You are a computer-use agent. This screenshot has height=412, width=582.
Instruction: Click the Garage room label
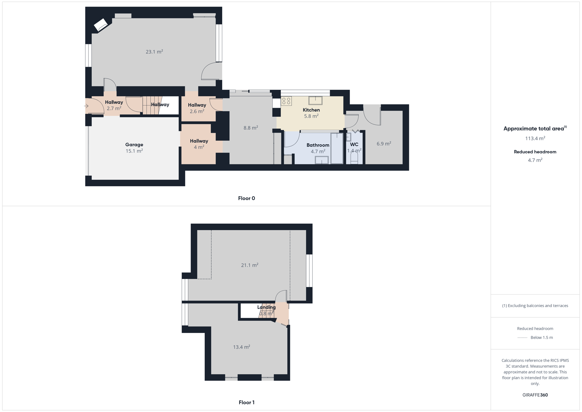134,144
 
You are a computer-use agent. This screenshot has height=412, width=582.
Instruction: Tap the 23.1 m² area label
154,52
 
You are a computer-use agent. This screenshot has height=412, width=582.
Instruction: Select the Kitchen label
311,110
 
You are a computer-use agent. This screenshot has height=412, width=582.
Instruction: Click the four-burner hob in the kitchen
286,101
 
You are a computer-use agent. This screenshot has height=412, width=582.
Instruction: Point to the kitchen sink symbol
315,100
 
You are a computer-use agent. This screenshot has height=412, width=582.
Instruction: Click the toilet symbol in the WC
354,158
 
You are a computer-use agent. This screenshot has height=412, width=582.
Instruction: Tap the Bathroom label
318,145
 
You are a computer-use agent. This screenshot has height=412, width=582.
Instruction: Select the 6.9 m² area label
384,144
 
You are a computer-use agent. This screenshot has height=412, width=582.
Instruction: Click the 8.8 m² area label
251,128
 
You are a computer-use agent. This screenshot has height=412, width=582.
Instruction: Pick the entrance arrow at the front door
86,106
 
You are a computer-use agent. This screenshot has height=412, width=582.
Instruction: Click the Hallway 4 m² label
199,144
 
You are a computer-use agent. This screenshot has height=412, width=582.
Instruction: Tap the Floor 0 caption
247,198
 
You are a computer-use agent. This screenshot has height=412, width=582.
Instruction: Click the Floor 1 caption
247,402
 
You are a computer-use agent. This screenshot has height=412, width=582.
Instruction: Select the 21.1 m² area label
250,265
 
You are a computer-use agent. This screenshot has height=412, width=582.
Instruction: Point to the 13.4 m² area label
242,347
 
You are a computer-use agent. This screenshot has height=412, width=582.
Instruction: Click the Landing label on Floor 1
266,307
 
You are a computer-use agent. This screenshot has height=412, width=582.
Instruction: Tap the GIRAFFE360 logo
535,395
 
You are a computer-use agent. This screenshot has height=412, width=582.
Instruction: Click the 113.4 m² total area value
535,138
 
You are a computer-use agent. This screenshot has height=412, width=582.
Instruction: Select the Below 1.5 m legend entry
535,338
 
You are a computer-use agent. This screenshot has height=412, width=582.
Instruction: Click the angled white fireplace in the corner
101,25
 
